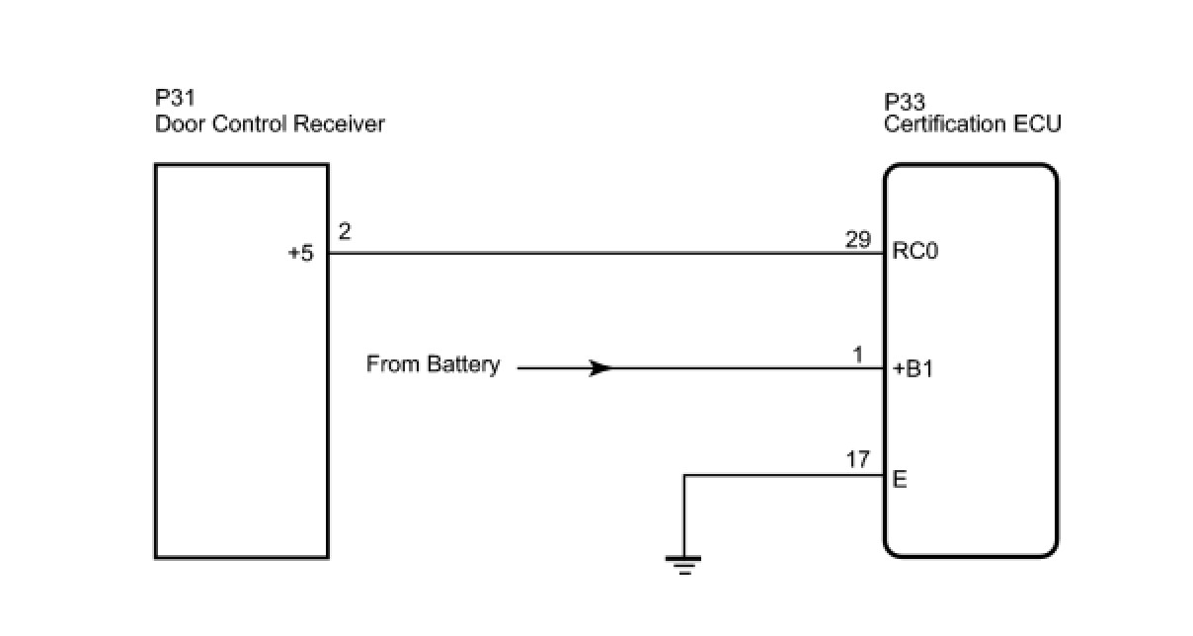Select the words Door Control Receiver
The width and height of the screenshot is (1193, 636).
tap(270, 124)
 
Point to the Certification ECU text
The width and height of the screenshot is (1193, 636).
tap(973, 124)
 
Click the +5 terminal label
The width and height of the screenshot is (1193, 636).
tap(300, 253)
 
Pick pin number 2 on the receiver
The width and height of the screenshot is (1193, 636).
tap(344, 232)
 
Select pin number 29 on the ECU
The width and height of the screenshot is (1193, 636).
tap(858, 238)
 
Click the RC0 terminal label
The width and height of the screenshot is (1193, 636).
tap(915, 251)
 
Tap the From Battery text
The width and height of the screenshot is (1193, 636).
tap(433, 364)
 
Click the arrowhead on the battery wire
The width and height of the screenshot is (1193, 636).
tap(599, 368)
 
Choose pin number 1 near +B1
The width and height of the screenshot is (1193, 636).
tap(859, 355)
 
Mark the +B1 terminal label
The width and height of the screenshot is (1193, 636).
tap(913, 369)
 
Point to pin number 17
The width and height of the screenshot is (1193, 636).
tap(858, 459)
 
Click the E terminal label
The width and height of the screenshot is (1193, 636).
tap(900, 481)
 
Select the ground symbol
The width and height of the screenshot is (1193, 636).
tap(683, 564)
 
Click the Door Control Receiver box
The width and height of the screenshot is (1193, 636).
tap(241, 415)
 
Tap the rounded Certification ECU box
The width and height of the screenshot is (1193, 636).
tap(988, 415)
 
